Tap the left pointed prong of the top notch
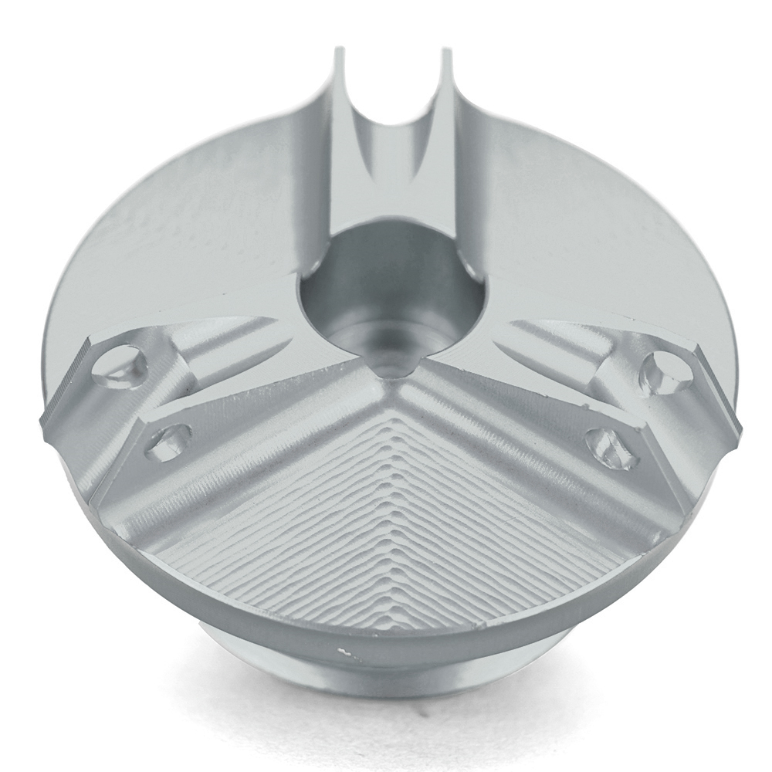(339, 62)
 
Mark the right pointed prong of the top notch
(445, 62)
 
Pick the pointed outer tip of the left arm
(46, 421)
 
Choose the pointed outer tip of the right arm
(733, 421)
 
